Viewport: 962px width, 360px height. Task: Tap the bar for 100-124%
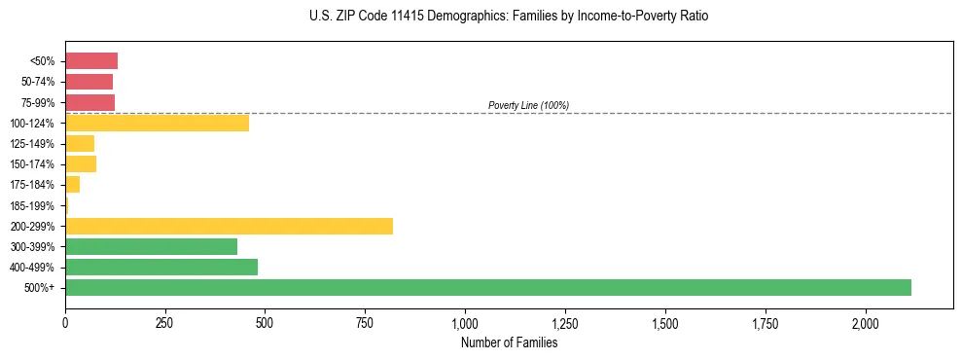click(x=157, y=123)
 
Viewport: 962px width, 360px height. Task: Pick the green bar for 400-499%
click(x=161, y=267)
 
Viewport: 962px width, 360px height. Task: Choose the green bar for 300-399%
click(x=151, y=246)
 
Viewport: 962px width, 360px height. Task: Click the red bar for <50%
click(x=91, y=61)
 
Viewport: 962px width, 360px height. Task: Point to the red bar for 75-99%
click(x=89, y=102)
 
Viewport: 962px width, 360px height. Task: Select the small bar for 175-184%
click(x=72, y=184)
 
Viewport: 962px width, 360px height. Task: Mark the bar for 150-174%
click(x=81, y=163)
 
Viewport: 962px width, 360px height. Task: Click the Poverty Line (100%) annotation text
click(x=528, y=105)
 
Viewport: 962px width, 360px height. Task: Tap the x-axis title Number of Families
click(x=509, y=342)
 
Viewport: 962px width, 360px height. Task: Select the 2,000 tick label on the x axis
click(x=866, y=323)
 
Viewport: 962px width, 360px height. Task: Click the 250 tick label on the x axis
click(x=165, y=323)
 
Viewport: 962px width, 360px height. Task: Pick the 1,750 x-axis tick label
click(x=766, y=323)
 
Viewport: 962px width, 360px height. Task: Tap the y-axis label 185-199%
click(x=33, y=205)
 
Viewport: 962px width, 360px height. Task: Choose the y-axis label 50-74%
click(x=37, y=82)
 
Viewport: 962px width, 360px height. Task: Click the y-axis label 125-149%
click(x=33, y=144)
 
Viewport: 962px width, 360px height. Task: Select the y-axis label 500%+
click(x=40, y=288)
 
